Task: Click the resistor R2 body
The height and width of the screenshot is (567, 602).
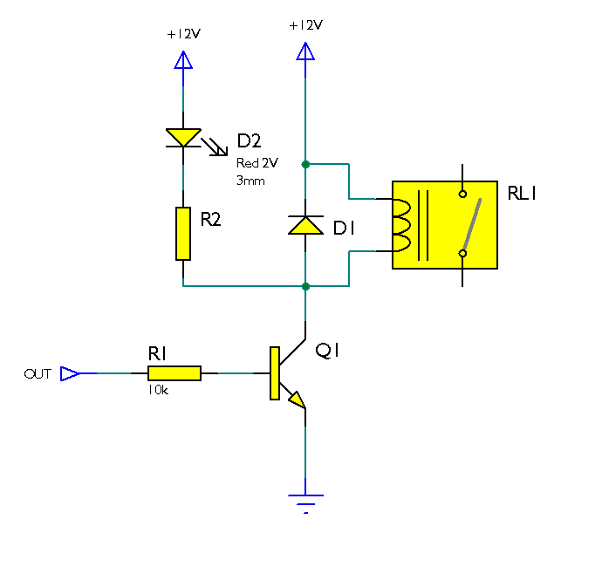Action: (183, 233)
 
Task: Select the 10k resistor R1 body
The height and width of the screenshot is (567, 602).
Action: (174, 373)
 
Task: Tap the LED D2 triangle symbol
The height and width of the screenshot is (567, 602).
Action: (183, 137)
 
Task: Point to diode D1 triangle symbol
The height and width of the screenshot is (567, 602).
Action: (305, 225)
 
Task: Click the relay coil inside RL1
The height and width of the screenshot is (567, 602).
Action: (404, 225)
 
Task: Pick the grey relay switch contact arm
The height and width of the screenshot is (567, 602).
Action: (472, 223)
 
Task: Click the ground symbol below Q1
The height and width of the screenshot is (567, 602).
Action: (305, 502)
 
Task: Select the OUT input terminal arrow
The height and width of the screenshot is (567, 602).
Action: (70, 373)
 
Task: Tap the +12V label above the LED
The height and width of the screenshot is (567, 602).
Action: (183, 35)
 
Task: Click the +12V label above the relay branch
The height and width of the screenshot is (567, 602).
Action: (305, 25)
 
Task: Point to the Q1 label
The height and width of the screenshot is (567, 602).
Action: (329, 351)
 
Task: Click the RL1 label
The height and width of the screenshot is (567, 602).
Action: (522, 194)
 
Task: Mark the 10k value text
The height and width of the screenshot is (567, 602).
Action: (158, 392)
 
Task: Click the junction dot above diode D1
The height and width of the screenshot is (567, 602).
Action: (305, 164)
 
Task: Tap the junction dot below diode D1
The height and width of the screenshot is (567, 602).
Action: (305, 286)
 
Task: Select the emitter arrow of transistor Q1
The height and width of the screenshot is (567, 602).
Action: (298, 400)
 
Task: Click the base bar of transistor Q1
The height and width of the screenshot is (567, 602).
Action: (275, 373)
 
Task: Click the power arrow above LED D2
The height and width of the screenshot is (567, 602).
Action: (183, 60)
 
